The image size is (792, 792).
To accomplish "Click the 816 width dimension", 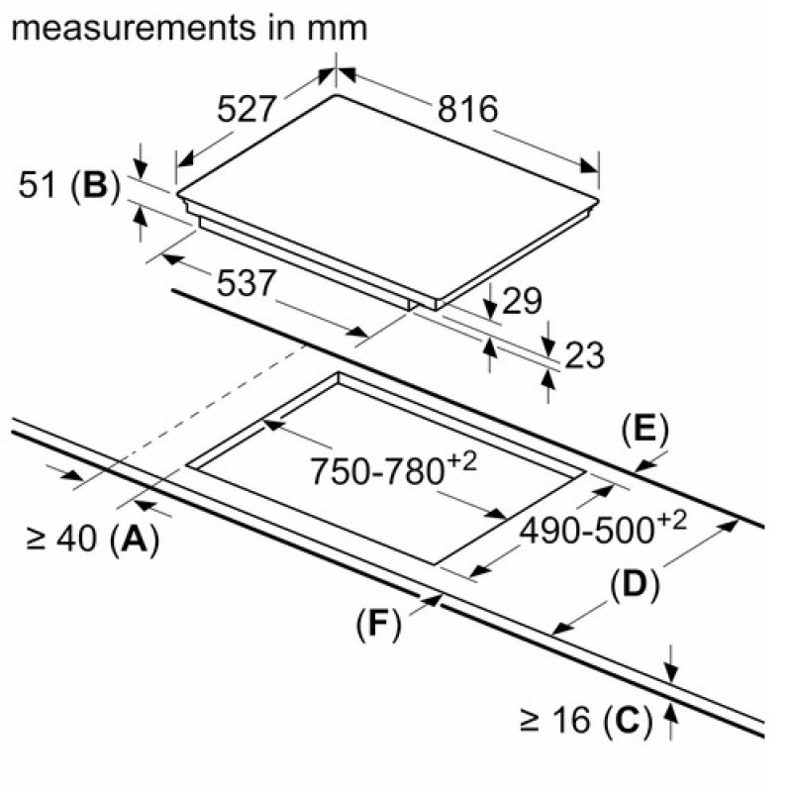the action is pos(467,109).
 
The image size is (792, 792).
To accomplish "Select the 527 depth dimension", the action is pos(247,109).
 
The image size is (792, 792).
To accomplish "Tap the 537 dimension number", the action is pos(246,283).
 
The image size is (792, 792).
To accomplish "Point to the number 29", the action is pos(522,301).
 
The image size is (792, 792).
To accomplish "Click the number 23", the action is pos(584,355).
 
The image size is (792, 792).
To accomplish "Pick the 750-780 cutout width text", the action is pos(392,469).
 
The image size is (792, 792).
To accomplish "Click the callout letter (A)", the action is pos(135,539).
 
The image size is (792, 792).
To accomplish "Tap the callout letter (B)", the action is pos(96,185).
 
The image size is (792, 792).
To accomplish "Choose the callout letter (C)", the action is pos(628,720).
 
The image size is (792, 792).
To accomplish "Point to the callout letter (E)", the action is pos(645,431).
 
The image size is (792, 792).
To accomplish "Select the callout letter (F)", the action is pos(378,625).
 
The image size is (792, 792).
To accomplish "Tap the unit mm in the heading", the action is pos(337,31).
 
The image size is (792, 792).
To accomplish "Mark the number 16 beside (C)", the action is pos(572,720).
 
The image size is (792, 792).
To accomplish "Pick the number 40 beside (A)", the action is pos(76,539).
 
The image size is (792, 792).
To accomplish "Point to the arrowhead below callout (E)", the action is pos(645,465).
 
